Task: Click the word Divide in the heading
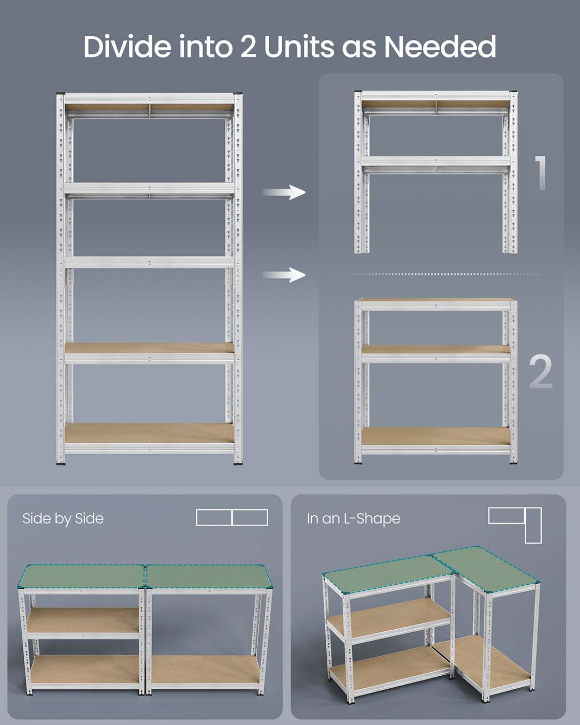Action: click(x=127, y=47)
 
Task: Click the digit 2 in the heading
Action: click(x=248, y=47)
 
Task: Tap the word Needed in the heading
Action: click(x=440, y=47)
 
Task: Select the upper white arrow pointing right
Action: click(x=284, y=192)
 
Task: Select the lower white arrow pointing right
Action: click(x=284, y=274)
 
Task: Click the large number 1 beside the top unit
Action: click(x=541, y=173)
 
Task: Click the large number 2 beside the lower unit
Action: click(x=541, y=371)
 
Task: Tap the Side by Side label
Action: click(x=63, y=518)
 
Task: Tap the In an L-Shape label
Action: click(x=353, y=518)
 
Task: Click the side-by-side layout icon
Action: click(x=231, y=517)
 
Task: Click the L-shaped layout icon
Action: click(x=515, y=524)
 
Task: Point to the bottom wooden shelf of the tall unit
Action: click(x=149, y=433)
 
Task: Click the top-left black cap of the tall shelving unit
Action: click(x=61, y=94)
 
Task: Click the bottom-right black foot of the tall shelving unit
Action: click(x=238, y=462)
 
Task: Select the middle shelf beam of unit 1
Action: click(x=436, y=162)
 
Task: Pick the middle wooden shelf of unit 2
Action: click(x=436, y=350)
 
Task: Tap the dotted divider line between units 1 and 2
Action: click(x=440, y=274)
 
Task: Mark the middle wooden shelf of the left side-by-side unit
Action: click(x=83, y=620)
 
